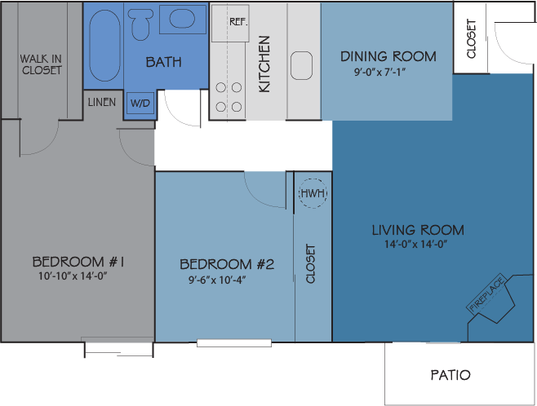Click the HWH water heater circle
(312, 193)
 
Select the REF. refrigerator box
(237, 23)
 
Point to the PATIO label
(450, 375)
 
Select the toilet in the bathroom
(140, 24)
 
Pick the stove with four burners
(228, 96)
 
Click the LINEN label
(102, 103)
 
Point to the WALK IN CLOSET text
(41, 64)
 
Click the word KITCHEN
(264, 63)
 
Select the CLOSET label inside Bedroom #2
(311, 263)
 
